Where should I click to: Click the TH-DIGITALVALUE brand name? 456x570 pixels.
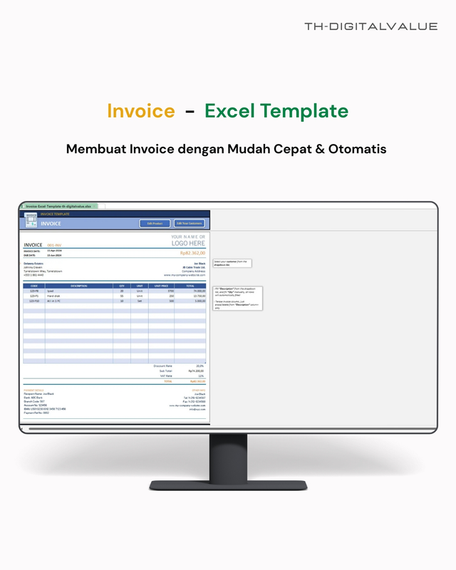[x=370, y=26]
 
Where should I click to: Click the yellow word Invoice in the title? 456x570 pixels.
[x=140, y=111]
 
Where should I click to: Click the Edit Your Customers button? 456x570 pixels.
[x=190, y=224]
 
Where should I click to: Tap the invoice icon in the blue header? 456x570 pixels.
[x=31, y=221]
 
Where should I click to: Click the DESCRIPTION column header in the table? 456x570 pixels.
[x=79, y=286]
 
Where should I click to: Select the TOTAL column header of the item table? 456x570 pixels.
[x=190, y=286]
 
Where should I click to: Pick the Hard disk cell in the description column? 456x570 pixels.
[x=55, y=296]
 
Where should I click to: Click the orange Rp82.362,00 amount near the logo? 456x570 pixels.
[x=192, y=253]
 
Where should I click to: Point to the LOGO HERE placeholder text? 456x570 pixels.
[x=189, y=243]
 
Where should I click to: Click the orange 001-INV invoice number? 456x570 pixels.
[x=54, y=245]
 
